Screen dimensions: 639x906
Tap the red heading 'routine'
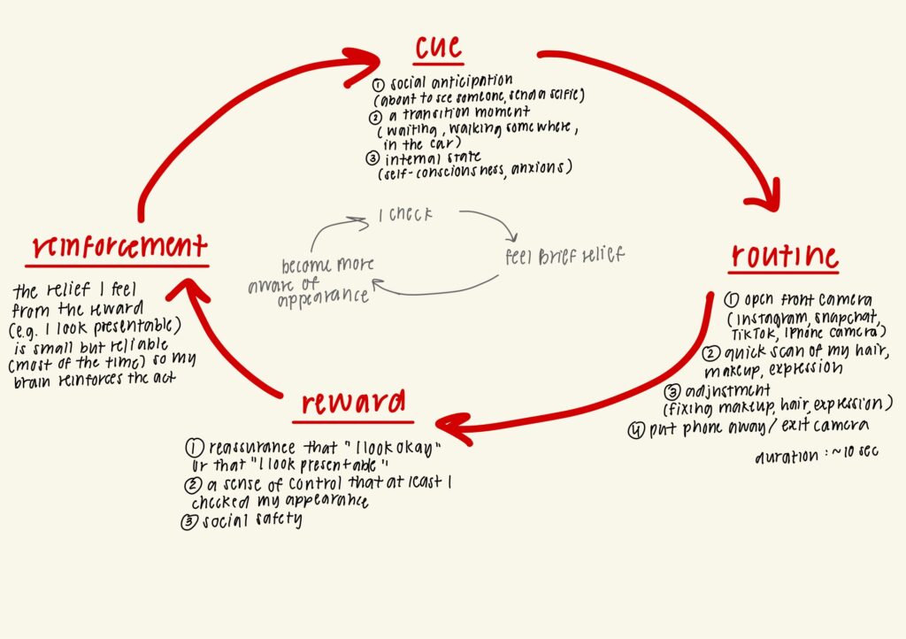784,257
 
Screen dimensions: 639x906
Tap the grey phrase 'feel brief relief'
564,257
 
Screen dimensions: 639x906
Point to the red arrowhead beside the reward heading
451,429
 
